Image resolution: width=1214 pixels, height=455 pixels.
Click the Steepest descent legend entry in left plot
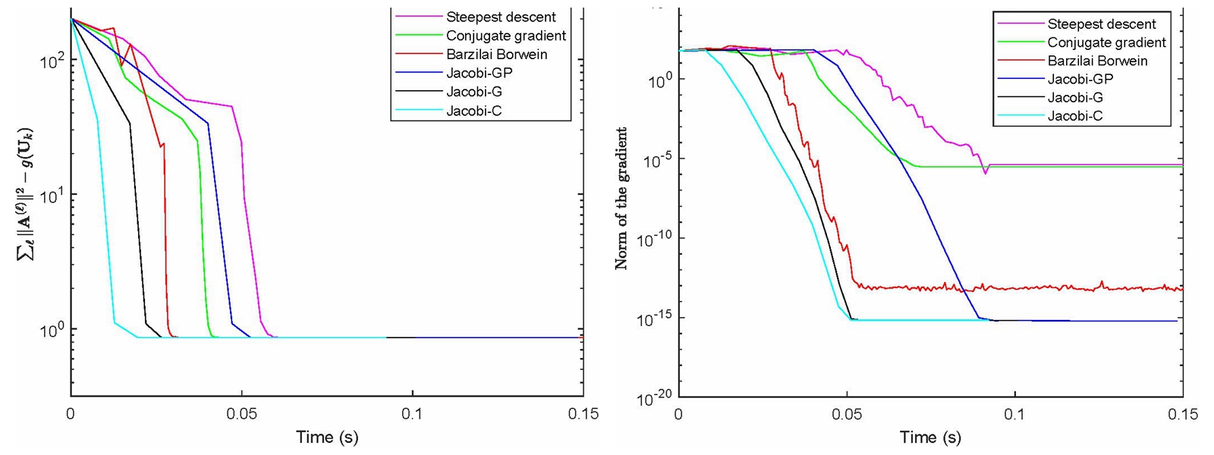[x=501, y=17]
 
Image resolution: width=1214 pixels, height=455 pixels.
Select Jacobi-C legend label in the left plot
[x=474, y=111]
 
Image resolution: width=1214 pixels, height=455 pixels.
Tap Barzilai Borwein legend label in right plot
[x=1097, y=61]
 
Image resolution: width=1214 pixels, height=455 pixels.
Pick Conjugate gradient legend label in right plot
[x=1106, y=42]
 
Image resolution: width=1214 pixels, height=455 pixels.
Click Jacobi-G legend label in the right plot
[x=1075, y=97]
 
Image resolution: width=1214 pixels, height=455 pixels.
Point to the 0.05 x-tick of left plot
[x=242, y=414]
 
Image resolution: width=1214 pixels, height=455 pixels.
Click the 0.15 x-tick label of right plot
[x=1183, y=414]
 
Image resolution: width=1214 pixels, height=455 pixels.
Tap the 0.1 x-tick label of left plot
[x=413, y=414]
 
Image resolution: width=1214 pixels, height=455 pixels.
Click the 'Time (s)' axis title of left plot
[x=327, y=437]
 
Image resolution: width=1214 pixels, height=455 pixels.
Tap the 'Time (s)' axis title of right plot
[x=930, y=437]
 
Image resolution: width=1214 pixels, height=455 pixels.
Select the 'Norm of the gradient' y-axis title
[x=621, y=199]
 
